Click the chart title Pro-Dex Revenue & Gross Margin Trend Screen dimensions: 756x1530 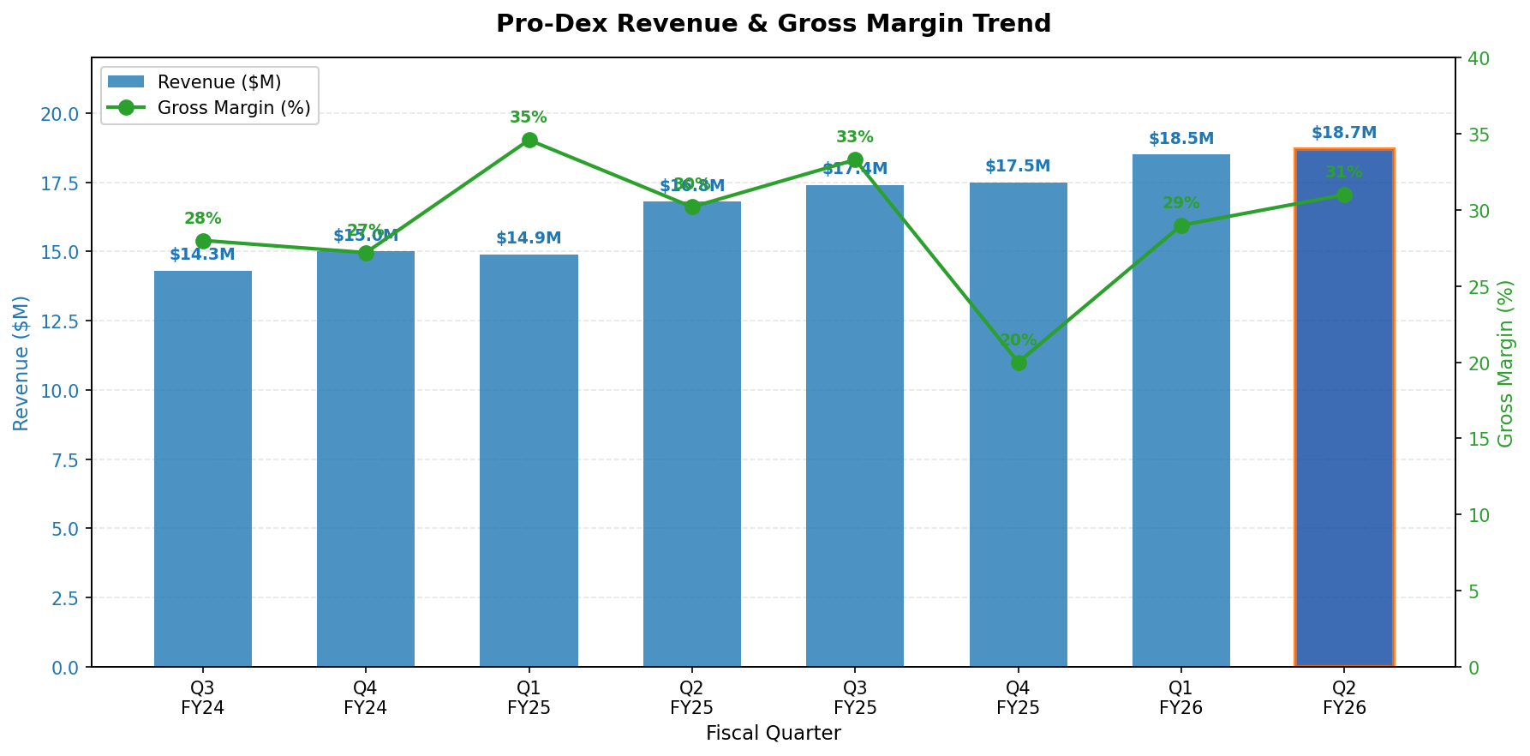pyautogui.click(x=773, y=24)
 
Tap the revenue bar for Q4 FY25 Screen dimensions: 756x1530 pyautogui.click(x=1018, y=514)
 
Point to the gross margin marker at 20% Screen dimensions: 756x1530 pyautogui.click(x=1019, y=363)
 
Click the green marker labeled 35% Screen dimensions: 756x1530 pyautogui.click(x=529, y=140)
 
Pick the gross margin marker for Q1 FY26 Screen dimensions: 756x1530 pyautogui.click(x=1181, y=225)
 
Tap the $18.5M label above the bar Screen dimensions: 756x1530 pyautogui.click(x=1181, y=139)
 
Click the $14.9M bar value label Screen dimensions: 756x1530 pyautogui.click(x=529, y=238)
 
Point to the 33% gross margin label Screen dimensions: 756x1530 pyautogui.click(x=855, y=137)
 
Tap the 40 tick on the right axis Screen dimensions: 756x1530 pyautogui.click(x=1479, y=58)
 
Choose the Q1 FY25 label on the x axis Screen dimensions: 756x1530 pyautogui.click(x=529, y=698)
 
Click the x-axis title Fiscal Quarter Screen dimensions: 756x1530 pyautogui.click(x=773, y=734)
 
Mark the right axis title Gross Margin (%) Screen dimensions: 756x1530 pyautogui.click(x=1506, y=363)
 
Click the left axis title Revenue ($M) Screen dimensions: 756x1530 pyautogui.click(x=21, y=363)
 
